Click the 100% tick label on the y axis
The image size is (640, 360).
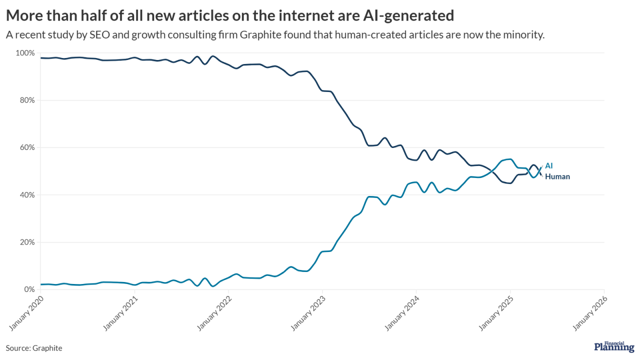point(25,53)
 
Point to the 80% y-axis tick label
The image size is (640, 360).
point(27,100)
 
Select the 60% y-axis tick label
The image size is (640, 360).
point(27,147)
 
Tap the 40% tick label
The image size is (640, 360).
point(27,195)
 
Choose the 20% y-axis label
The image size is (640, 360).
point(27,242)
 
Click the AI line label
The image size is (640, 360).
point(549,165)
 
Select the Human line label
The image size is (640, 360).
point(557,176)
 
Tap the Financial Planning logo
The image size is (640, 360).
point(614,346)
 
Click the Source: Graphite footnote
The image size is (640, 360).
point(34,348)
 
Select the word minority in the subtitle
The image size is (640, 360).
point(524,35)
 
